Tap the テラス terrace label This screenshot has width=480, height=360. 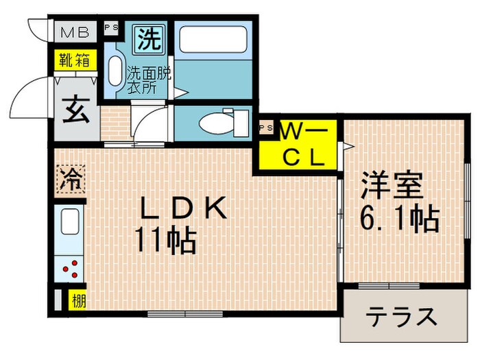[401, 317]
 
